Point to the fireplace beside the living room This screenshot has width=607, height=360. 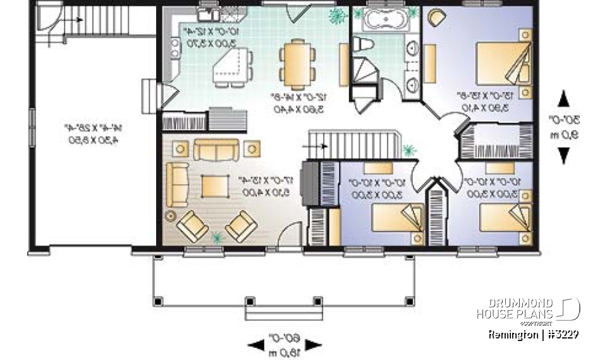point(308,183)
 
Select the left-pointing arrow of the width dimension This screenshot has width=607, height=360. point(255,345)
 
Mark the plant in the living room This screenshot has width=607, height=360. point(218,238)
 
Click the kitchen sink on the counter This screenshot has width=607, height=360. point(208,14)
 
